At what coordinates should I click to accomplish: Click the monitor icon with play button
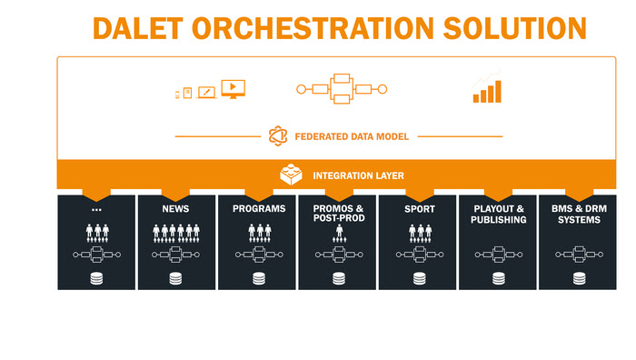pyautogui.click(x=234, y=89)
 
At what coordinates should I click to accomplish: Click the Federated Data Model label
pyautogui.click(x=351, y=136)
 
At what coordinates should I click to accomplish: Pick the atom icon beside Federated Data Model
pyautogui.click(x=278, y=136)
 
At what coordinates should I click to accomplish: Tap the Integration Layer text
pyautogui.click(x=359, y=175)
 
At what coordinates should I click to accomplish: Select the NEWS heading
pyautogui.click(x=176, y=209)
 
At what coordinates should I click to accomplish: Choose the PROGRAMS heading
pyautogui.click(x=259, y=209)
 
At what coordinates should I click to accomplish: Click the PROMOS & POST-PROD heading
pyautogui.click(x=338, y=214)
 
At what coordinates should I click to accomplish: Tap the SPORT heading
pyautogui.click(x=418, y=209)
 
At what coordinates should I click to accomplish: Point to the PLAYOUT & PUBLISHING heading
pyautogui.click(x=499, y=214)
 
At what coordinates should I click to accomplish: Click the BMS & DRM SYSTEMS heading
pyautogui.click(x=579, y=214)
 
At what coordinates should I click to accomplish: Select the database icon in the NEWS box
pyautogui.click(x=176, y=278)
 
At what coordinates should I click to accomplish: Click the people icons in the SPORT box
pyautogui.click(x=418, y=234)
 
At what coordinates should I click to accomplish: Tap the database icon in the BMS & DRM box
pyautogui.click(x=579, y=278)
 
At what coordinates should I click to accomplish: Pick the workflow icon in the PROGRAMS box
pyautogui.click(x=259, y=255)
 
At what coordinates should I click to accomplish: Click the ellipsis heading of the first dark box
pyautogui.click(x=96, y=209)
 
